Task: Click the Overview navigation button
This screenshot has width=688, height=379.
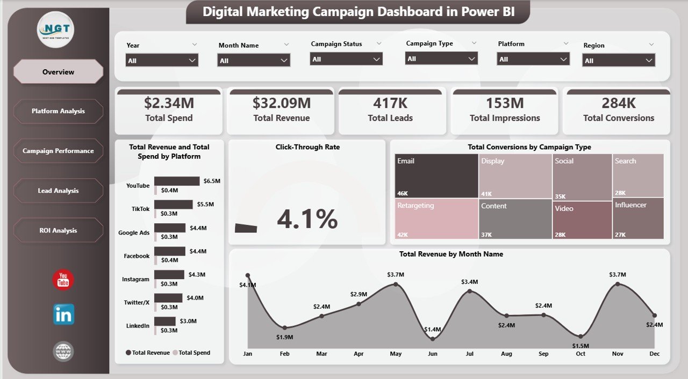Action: pyautogui.click(x=58, y=72)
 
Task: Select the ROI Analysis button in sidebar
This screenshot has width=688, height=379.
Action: pyautogui.click(x=58, y=230)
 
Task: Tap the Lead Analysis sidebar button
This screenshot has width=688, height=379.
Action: pyautogui.click(x=58, y=191)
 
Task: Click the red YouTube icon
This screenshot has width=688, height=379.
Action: pyautogui.click(x=63, y=280)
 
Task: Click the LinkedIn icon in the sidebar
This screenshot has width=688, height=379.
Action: pyautogui.click(x=63, y=315)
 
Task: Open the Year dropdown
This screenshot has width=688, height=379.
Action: pyautogui.click(x=162, y=61)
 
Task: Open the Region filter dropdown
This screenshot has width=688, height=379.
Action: pyautogui.click(x=619, y=61)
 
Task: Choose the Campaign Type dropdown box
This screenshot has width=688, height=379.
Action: pyautogui.click(x=441, y=59)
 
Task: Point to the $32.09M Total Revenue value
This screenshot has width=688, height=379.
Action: pyautogui.click(x=281, y=103)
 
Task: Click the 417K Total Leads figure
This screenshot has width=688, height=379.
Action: pyautogui.click(x=390, y=103)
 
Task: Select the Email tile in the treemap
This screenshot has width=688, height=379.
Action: pyautogui.click(x=436, y=176)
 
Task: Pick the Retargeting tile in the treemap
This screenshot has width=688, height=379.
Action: pyautogui.click(x=436, y=218)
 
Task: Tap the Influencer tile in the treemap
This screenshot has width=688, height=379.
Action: pyautogui.click(x=638, y=218)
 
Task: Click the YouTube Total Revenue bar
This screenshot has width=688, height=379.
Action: pyautogui.click(x=177, y=181)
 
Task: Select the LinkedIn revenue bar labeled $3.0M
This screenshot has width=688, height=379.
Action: pyautogui.click(x=164, y=321)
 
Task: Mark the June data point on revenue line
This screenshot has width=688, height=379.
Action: pyautogui.click(x=433, y=339)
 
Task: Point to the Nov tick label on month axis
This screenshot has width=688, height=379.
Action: pyautogui.click(x=617, y=354)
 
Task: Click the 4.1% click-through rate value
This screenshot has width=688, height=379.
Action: pyautogui.click(x=307, y=219)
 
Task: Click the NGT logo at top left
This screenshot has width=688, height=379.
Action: pyautogui.click(x=56, y=30)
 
